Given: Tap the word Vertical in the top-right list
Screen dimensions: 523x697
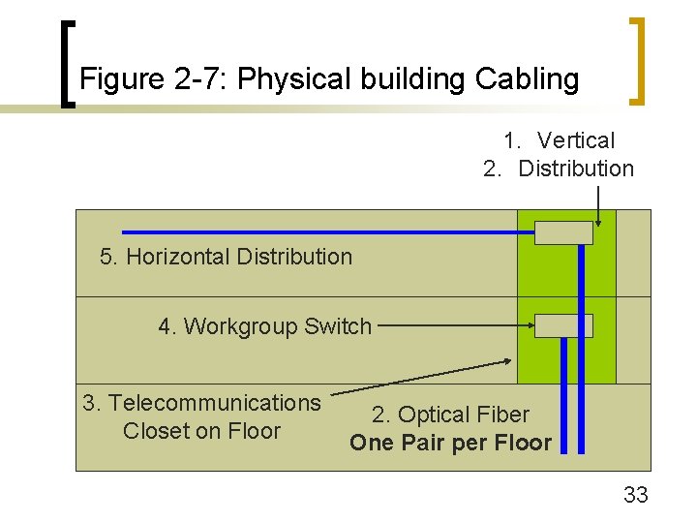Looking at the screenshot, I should pos(575,141).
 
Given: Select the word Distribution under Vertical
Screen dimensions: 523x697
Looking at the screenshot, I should pos(576,169).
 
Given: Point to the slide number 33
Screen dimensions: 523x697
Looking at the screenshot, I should pos(635,496).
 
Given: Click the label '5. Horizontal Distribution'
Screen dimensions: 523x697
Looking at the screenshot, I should pos(226,257).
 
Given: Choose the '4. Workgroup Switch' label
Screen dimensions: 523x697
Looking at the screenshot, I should pos(264,326).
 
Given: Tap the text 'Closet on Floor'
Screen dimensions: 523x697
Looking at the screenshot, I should pos(201,431).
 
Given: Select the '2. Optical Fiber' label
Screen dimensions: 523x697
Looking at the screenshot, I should pos(450,415).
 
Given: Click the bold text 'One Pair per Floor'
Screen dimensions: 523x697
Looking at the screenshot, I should pos(450,444).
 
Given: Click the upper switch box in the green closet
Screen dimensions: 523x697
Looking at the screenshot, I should pos(563,232).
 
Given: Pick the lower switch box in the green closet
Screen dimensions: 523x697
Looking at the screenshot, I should pos(563,325).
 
